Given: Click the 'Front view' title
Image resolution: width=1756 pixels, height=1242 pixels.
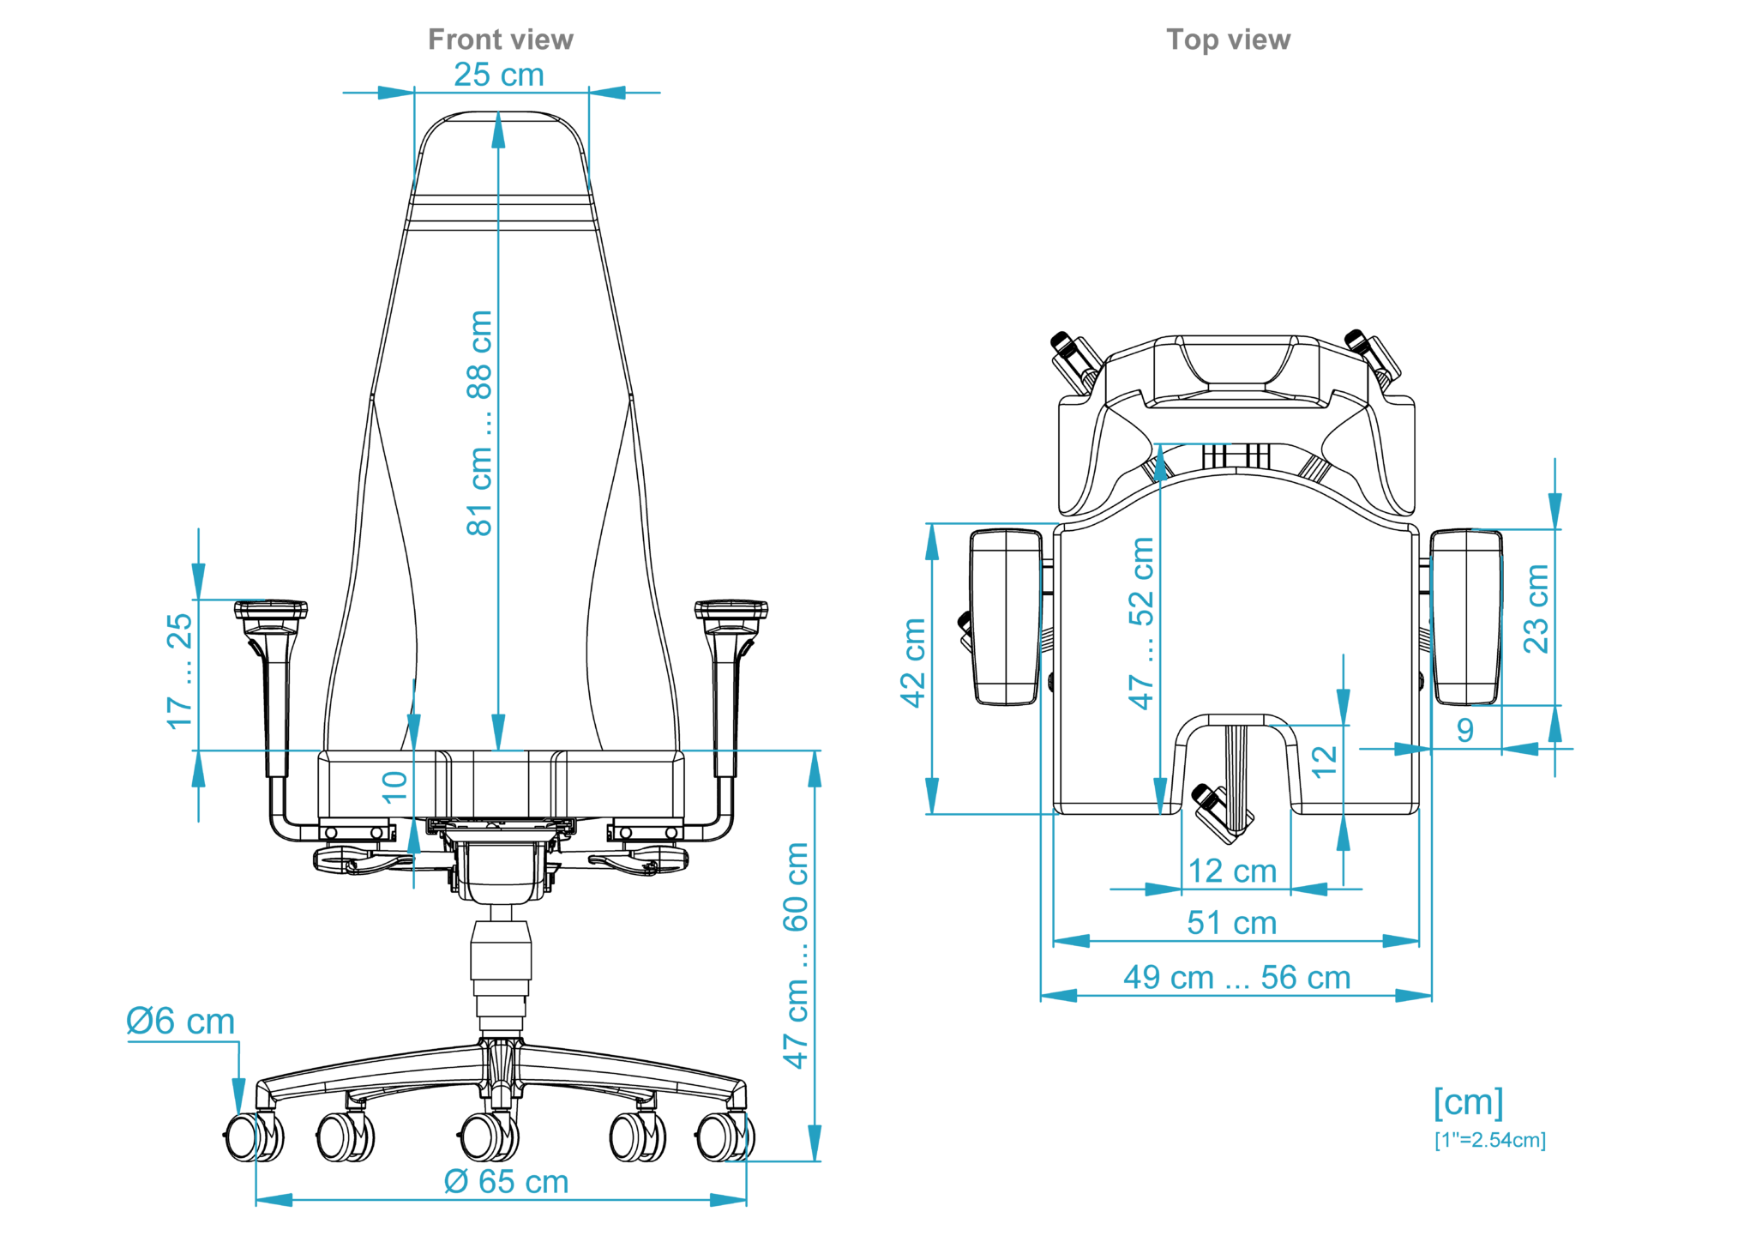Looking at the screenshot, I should [500, 39].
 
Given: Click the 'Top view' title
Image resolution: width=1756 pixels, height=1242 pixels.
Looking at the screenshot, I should [1227, 39].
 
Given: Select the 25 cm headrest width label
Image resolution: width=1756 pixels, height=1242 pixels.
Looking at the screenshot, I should [498, 75].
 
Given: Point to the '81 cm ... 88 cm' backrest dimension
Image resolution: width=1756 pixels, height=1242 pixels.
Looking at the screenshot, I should [479, 423].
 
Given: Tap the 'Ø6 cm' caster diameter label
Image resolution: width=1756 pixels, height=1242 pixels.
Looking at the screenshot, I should [180, 1021].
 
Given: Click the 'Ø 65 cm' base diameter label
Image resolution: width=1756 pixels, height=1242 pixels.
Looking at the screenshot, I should [506, 1181].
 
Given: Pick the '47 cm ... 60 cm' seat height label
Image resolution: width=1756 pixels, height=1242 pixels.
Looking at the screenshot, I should [796, 955].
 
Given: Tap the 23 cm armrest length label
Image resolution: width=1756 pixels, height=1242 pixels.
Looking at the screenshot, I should [1536, 608].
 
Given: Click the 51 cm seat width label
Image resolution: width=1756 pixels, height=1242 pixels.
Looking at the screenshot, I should [1231, 923].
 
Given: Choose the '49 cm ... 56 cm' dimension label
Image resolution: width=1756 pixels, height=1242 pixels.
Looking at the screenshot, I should [1236, 977].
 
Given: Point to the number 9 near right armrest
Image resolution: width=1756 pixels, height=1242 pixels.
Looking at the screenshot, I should [1465, 730].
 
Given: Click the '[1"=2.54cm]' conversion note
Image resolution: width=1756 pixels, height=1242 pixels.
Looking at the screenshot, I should [1489, 1140].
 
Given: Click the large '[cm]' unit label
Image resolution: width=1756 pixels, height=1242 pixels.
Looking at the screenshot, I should [1468, 1102].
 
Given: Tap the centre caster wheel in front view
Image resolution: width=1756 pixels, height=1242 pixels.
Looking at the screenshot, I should [489, 1137].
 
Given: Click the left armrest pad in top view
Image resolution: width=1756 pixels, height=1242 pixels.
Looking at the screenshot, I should [1006, 617].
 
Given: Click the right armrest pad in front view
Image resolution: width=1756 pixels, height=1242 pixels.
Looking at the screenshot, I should [731, 609].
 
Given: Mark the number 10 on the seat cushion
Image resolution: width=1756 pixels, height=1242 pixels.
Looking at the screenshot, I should [394, 785].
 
